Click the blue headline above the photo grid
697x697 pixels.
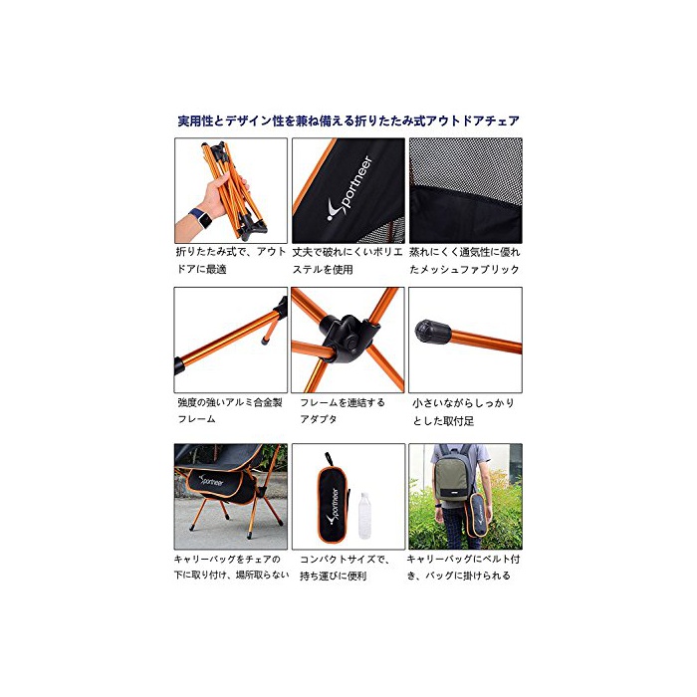point(348,120)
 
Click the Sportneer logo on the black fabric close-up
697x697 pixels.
point(349,188)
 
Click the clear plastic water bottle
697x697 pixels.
point(364,515)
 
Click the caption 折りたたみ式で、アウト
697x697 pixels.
point(231,252)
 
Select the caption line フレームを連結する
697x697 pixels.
point(343,402)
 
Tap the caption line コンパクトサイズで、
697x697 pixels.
point(345,560)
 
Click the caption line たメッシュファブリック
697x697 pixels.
point(464,270)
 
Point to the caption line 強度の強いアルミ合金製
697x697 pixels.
point(230,402)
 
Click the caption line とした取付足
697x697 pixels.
point(443,421)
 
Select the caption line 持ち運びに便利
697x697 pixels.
point(333,577)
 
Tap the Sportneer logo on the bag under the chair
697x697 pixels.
point(211,481)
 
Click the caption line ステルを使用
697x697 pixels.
point(323,270)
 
